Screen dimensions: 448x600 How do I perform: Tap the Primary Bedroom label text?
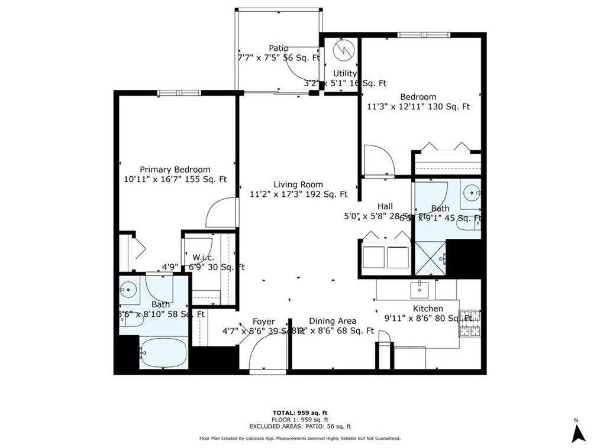175,169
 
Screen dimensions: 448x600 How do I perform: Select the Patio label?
279,48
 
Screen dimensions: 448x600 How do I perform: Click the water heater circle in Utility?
342,50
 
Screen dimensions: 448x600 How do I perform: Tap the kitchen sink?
420,289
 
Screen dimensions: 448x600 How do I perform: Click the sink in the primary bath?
128,289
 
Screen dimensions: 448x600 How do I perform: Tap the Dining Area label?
333,321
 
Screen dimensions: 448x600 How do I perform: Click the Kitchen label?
428,309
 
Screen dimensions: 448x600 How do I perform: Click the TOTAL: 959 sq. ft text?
299,413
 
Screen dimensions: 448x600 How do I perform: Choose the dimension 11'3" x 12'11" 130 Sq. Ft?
418,107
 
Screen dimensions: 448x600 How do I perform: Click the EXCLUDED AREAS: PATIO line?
299,426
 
